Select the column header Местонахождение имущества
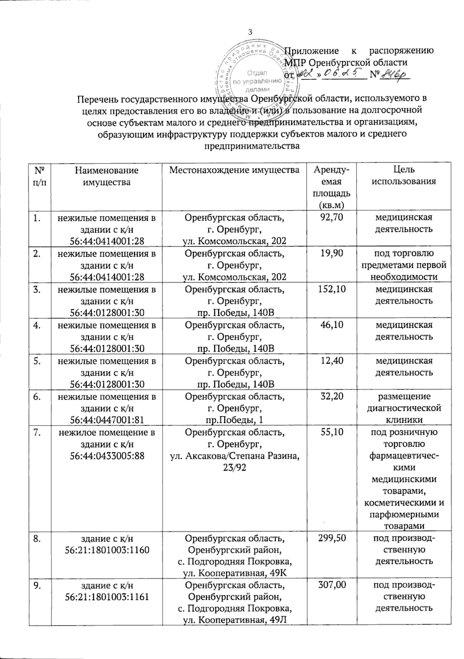coord(234,170)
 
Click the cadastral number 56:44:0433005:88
coord(107,456)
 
